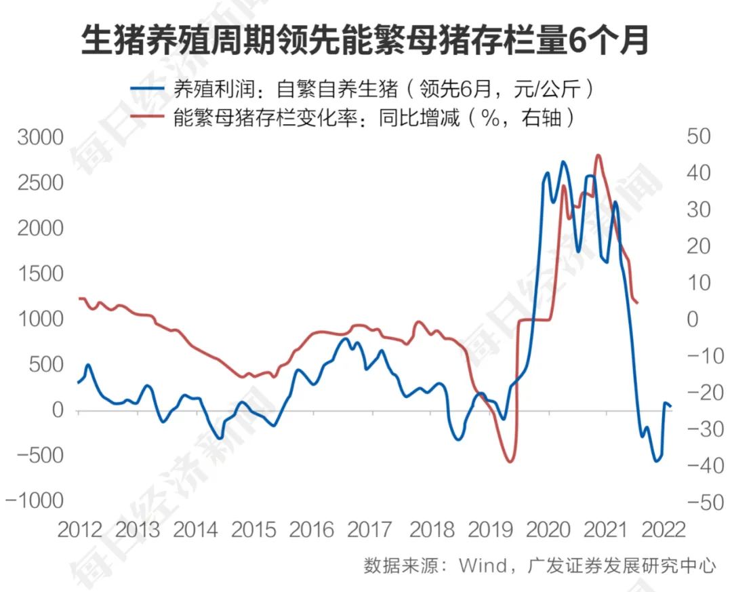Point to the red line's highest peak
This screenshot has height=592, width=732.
click(x=598, y=155)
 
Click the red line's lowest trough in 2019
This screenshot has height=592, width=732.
click(x=510, y=462)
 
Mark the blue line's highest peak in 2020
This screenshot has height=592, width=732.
click(x=563, y=162)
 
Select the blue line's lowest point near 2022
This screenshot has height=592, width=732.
click(x=656, y=461)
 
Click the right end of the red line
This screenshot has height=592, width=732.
click(x=638, y=303)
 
